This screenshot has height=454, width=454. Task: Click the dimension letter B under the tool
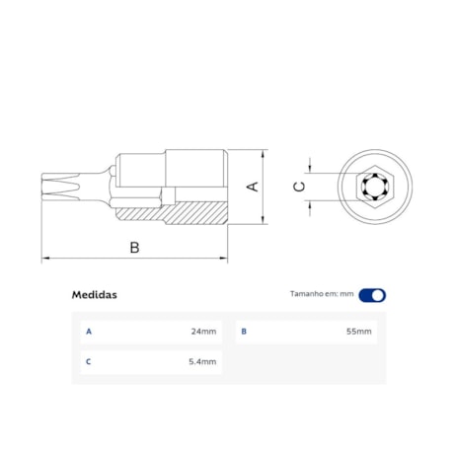[134, 247]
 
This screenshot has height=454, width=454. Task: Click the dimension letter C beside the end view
[299, 186]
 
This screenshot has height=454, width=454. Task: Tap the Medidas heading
[95, 294]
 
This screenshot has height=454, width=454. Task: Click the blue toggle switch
[372, 294]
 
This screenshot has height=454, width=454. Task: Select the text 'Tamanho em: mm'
[321, 294]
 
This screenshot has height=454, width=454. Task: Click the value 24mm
[203, 332]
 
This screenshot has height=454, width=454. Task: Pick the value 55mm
[359, 332]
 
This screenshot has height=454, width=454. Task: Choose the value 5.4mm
[203, 362]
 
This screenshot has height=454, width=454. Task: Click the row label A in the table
[89, 332]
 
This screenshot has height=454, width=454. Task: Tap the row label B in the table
[244, 332]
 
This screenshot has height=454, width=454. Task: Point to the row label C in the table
[89, 362]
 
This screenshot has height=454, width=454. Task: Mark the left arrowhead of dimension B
[44, 259]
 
